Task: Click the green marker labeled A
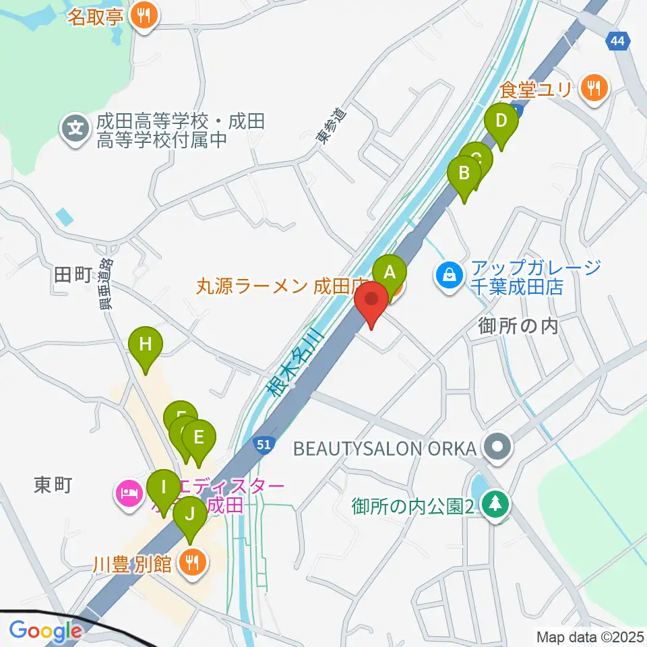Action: (x=390, y=273)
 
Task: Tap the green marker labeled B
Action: (x=464, y=173)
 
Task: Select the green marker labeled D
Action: (x=501, y=122)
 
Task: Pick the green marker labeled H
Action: (x=146, y=344)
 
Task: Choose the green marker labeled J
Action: (x=190, y=516)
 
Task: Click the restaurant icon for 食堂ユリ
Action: (x=594, y=88)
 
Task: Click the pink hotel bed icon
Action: (x=128, y=495)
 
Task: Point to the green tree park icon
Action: (x=496, y=505)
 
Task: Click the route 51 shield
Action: (x=264, y=444)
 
